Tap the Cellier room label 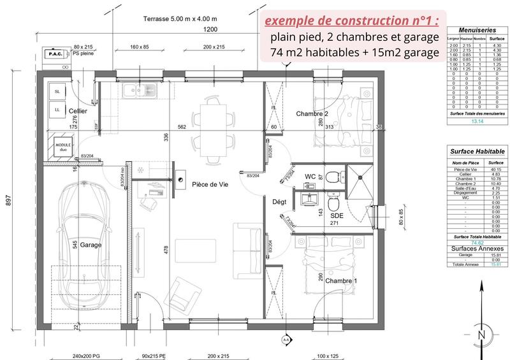78,111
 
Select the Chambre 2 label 312,113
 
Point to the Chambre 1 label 340,280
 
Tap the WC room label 311,176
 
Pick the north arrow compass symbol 482,335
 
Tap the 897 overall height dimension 8,200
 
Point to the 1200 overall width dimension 210,29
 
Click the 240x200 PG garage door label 86,356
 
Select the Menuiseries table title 477,29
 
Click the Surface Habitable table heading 477,152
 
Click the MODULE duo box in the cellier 64,147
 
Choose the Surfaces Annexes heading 477,248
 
